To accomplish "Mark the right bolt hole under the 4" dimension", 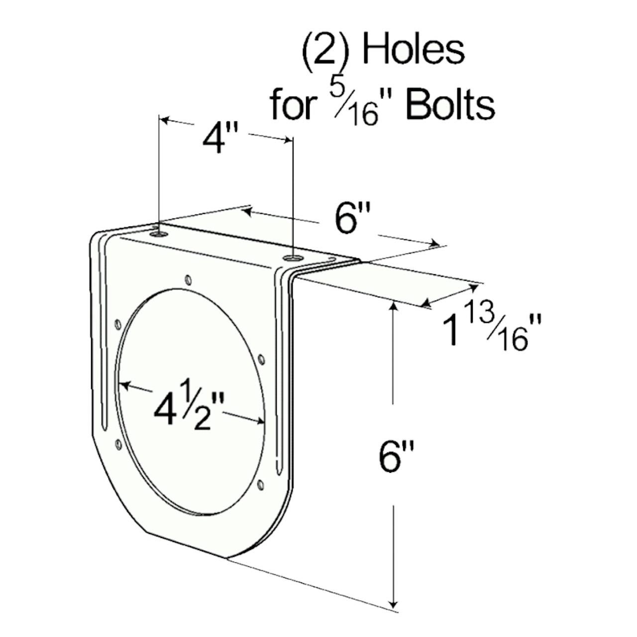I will [293, 258].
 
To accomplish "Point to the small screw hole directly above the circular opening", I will [188, 279].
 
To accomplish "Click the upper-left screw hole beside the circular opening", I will [117, 324].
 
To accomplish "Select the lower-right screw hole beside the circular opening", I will [261, 483].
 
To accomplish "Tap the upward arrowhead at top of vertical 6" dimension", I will [394, 307].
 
